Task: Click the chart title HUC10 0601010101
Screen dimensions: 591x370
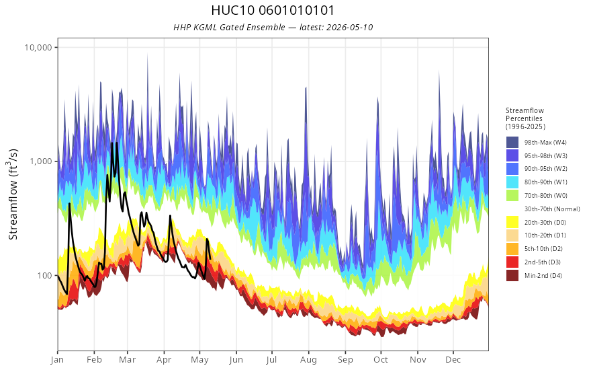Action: pos(273,10)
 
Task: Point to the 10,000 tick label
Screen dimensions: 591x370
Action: pos(38,47)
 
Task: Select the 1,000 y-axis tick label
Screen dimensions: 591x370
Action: pos(41,161)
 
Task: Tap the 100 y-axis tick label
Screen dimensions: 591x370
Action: pos(44,275)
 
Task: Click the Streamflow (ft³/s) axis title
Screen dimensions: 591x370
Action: pos(13,194)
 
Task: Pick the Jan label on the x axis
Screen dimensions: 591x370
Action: pos(57,360)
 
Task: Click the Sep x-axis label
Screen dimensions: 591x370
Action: pos(345,360)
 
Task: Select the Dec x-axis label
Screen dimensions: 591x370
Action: pos(453,360)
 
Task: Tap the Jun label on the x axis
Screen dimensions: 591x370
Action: pos(236,360)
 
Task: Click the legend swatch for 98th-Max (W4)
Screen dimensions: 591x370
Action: pos(512,143)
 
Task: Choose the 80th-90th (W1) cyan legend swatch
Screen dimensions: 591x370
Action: pos(512,182)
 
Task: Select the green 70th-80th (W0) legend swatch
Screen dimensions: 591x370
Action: pos(512,196)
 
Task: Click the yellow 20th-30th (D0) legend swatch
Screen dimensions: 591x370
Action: pos(512,222)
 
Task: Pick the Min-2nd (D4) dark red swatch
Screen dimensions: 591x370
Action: pos(512,275)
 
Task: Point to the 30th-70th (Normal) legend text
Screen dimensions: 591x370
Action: pos(552,209)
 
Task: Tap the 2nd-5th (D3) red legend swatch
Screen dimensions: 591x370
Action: pos(512,262)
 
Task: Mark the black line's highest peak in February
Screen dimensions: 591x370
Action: pos(112,143)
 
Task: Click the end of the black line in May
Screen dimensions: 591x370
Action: pos(210,258)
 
